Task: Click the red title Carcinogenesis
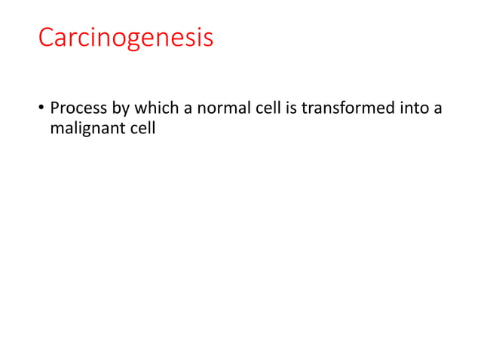(126, 38)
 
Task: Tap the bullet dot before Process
(42, 110)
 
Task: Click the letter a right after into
(437, 110)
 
